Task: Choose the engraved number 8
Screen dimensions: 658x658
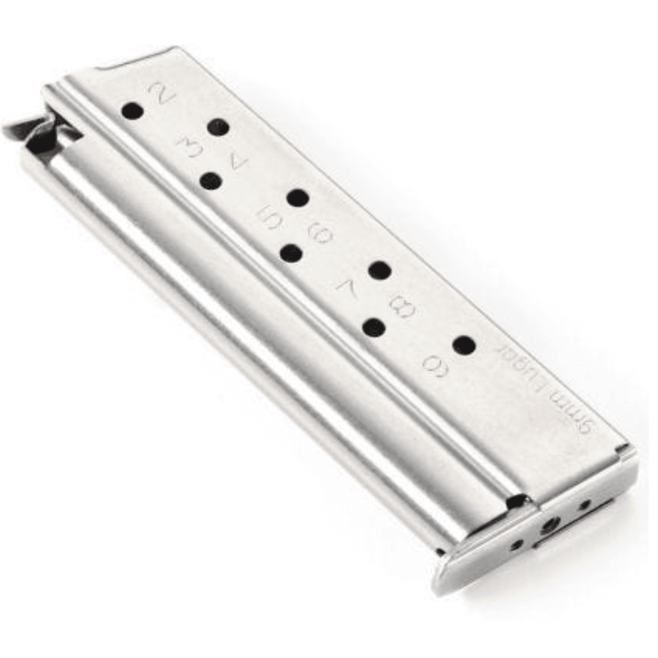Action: (x=404, y=307)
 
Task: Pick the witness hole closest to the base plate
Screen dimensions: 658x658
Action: (x=465, y=345)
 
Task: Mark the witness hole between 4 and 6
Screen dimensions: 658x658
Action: (x=299, y=198)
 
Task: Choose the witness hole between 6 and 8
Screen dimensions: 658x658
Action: (x=379, y=270)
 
